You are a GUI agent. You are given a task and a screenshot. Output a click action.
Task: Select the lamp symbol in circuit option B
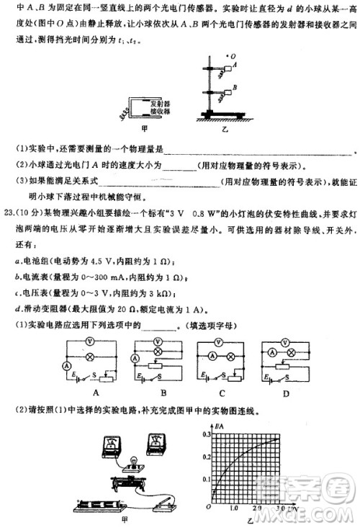coord(158,356)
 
